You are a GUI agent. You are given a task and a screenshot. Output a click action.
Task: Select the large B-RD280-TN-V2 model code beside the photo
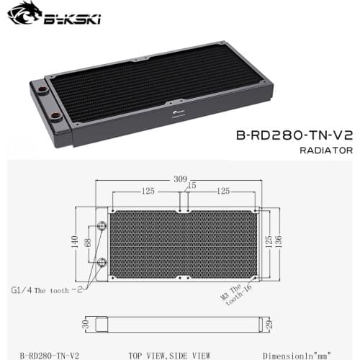point(287,133)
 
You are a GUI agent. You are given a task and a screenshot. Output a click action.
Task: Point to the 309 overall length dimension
point(180,179)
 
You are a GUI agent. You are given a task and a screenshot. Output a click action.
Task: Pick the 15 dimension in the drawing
point(192,186)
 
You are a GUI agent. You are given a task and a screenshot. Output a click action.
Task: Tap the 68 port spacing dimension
point(89,245)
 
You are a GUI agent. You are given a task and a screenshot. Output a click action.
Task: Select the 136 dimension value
point(287,243)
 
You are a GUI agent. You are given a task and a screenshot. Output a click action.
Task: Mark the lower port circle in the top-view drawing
point(102,261)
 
